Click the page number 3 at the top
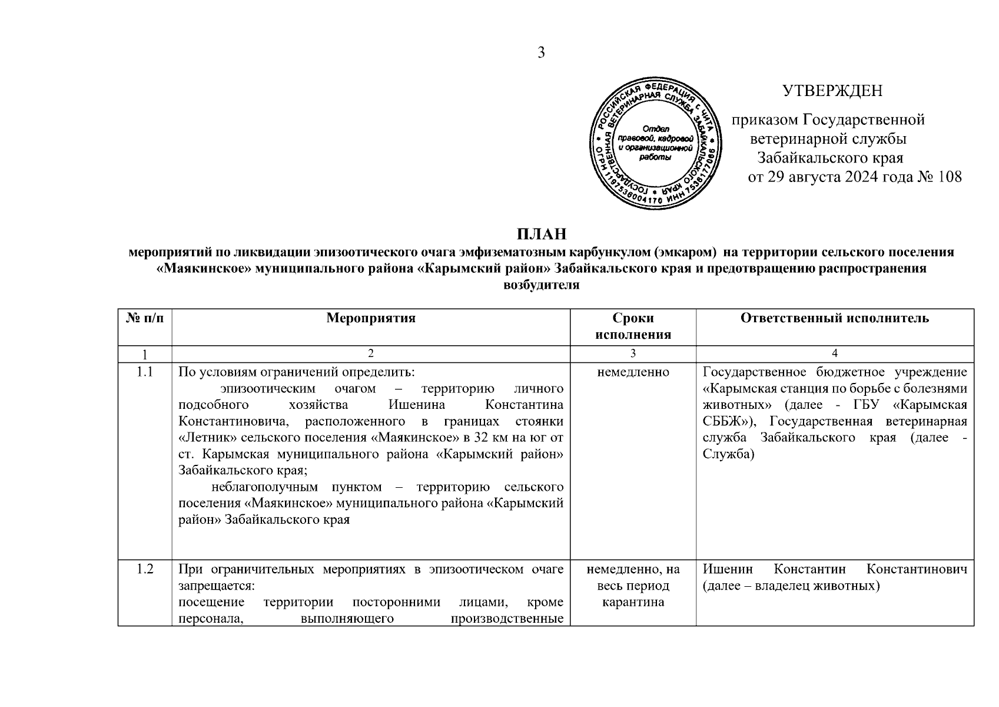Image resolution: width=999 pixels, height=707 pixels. pos(541,53)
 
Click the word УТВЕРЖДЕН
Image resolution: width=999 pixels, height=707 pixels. pos(832,91)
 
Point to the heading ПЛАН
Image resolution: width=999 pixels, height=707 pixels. pos(542,234)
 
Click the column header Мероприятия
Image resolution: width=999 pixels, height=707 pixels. pos(371,319)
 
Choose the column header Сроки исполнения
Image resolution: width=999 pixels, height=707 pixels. pos(633,326)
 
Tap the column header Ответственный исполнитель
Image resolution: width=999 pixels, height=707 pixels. pos(835,319)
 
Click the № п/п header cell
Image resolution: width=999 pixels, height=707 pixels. pos(145,319)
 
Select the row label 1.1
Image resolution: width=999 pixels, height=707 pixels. pos(145,372)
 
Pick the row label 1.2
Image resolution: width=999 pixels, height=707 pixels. pos(145,569)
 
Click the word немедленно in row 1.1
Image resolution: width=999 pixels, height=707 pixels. pos(633,372)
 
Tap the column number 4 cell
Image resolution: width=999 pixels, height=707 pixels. pos(835,353)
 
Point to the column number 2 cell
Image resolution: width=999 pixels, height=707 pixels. pos(371,353)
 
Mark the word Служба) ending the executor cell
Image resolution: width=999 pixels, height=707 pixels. pos(728,454)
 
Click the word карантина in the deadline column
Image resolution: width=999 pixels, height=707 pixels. pos(633,602)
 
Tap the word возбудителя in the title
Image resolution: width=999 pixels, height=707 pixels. pos(542,285)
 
